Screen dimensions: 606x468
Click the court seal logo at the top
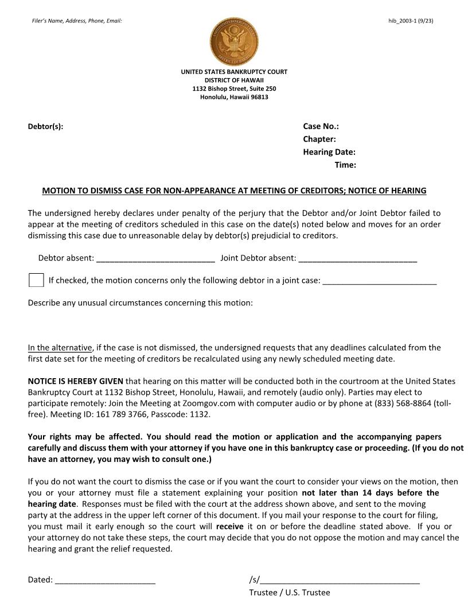click(234, 41)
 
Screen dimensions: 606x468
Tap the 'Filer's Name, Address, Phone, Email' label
click(77, 21)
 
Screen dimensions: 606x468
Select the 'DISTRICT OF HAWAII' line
click(234, 80)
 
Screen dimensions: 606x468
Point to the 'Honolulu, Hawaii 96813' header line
click(234, 97)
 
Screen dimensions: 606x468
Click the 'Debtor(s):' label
click(45, 126)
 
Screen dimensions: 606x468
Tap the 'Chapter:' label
click(319, 139)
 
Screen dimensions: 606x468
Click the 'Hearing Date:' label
click(329, 152)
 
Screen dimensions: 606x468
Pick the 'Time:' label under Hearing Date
click(345, 165)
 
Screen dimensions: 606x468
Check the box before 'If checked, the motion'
click(36, 280)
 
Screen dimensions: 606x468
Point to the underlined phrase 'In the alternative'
click(60, 347)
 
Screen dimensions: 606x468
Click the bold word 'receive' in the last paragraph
click(229, 526)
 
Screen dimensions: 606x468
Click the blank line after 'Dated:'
click(105, 580)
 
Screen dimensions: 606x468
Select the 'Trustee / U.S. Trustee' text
click(289, 592)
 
